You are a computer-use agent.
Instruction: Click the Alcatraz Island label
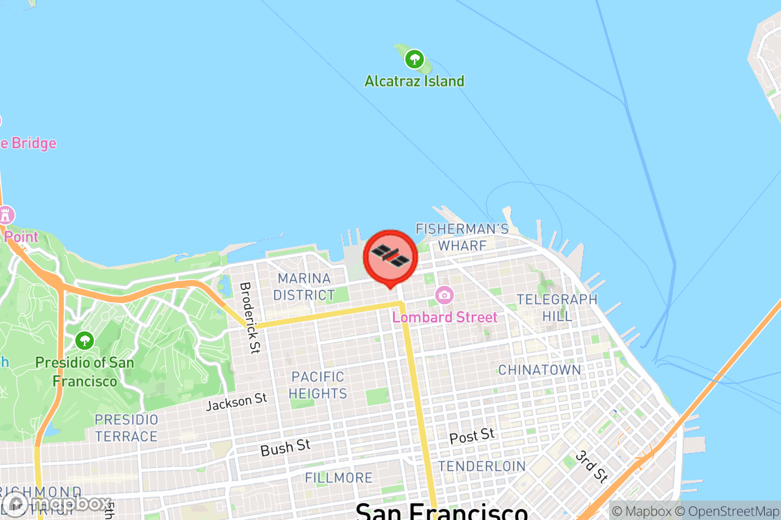click(415, 81)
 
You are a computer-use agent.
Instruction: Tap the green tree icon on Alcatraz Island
click(414, 60)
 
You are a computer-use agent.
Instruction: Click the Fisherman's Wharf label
click(462, 237)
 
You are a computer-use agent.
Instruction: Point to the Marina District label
click(303, 287)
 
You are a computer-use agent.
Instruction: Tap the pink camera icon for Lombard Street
click(445, 296)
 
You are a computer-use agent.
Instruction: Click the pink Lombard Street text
click(445, 317)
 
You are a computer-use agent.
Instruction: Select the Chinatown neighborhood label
click(540, 370)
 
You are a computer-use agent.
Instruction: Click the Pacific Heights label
click(318, 385)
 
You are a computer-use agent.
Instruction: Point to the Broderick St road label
click(250, 317)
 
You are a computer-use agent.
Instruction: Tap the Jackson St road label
click(236, 402)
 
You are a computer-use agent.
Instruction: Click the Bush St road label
click(285, 447)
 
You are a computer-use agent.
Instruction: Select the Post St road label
click(472, 435)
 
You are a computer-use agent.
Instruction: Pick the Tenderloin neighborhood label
click(482, 466)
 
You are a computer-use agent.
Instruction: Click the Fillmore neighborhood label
click(338, 478)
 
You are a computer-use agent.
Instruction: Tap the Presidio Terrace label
click(126, 428)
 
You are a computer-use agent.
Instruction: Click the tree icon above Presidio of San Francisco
click(84, 339)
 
